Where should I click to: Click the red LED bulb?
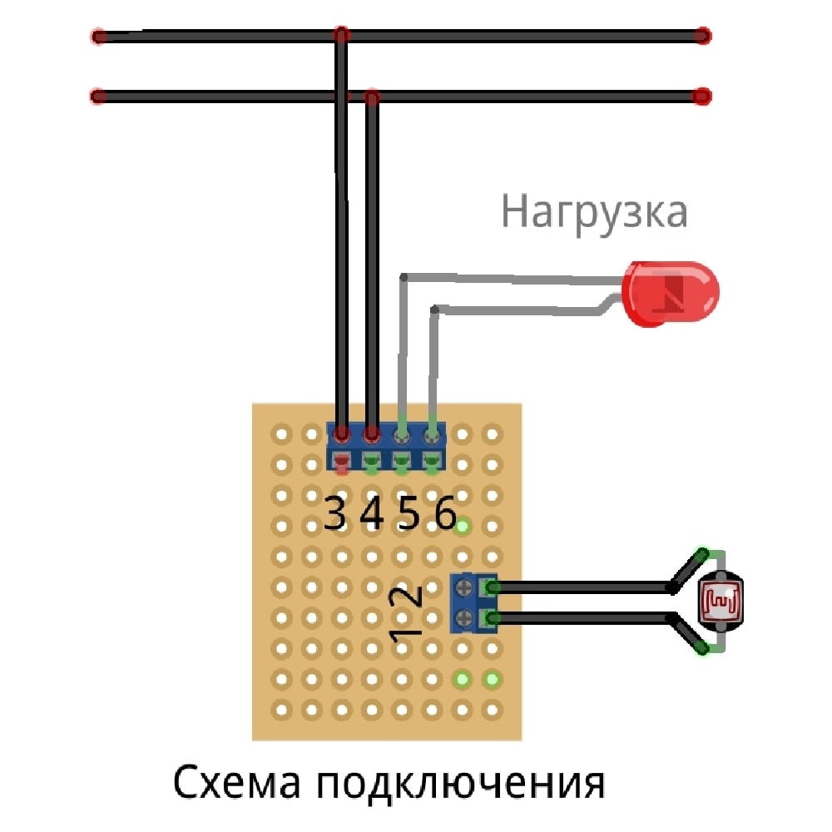[671, 293]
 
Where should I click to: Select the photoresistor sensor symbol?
[717, 600]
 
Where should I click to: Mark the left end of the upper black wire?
[99, 37]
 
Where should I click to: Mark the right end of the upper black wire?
[703, 37]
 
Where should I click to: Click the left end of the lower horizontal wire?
[98, 97]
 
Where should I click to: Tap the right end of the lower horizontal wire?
[703, 97]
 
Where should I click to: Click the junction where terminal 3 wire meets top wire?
[340, 36]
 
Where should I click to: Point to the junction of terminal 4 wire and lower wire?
[373, 98]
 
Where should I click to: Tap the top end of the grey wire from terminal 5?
[404, 276]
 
